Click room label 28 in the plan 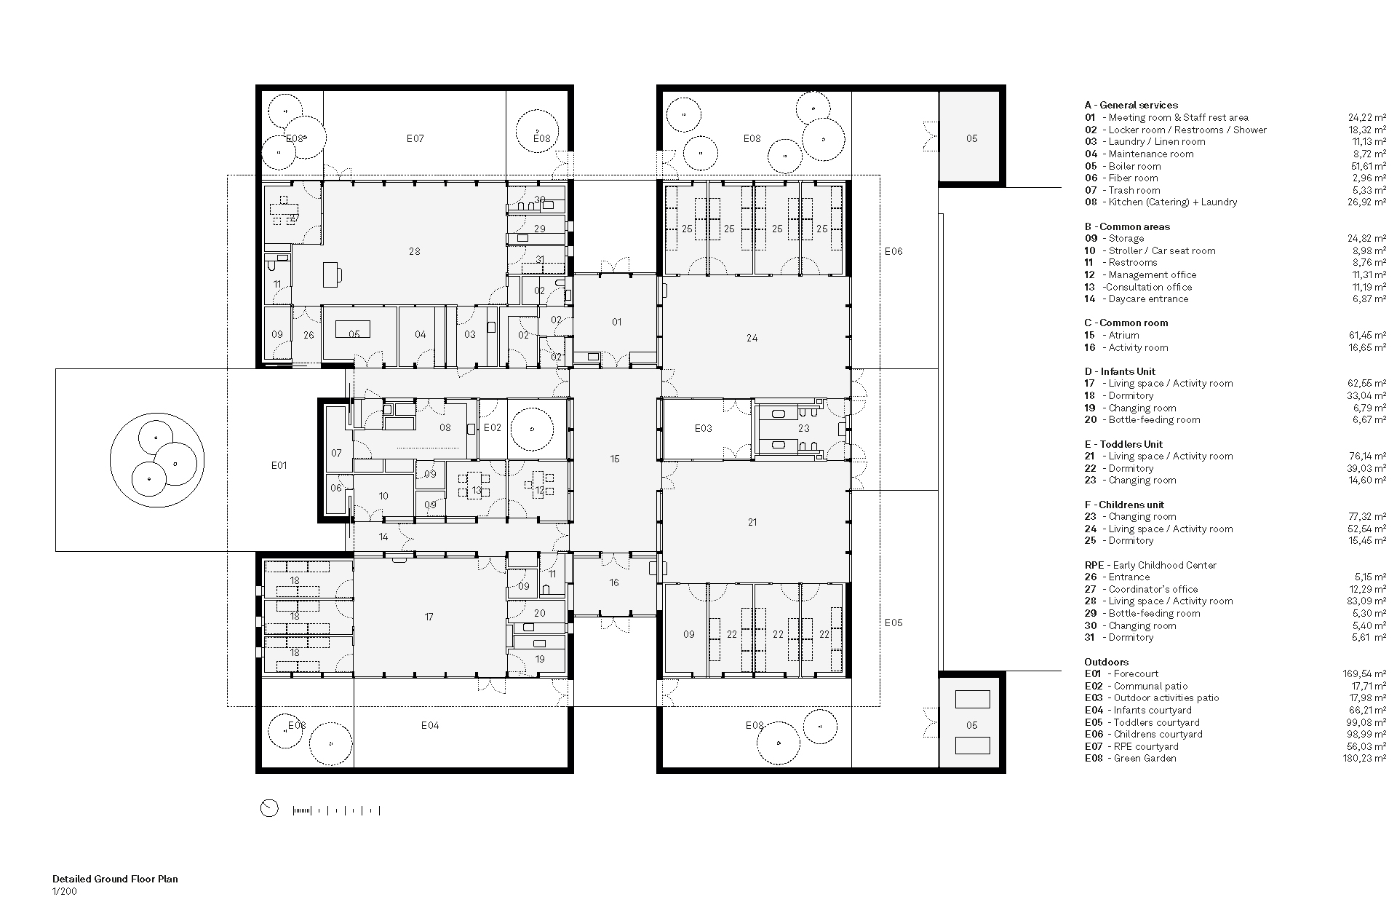[414, 251]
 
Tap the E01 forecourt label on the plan [279, 465]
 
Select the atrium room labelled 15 [615, 459]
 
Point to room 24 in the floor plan [752, 338]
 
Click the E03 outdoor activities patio [703, 428]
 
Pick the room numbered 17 [429, 617]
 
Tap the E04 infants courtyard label [430, 725]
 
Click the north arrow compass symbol [269, 808]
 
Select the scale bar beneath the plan [336, 810]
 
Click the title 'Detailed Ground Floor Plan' [115, 879]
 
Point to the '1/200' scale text [64, 891]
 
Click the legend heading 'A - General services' [1131, 105]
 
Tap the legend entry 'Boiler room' [1134, 166]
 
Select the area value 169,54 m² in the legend [1364, 674]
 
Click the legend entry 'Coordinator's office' [1153, 589]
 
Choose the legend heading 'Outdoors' [1106, 662]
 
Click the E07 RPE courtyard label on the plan [415, 138]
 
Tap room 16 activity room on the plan [615, 582]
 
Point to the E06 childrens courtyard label [893, 251]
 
